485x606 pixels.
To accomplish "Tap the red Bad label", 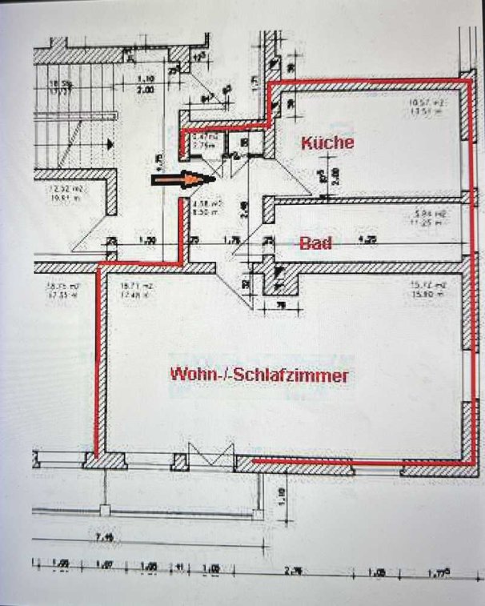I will (315, 244).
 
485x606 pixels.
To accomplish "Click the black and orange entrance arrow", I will (178, 181).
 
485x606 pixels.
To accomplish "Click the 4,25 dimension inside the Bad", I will (368, 239).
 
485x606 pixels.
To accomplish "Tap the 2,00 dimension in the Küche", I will (335, 178).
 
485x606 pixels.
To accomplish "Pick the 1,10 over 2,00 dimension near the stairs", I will (145, 84).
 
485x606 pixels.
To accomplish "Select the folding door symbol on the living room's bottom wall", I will (210, 456).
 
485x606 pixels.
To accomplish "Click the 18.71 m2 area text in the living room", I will (132, 291).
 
